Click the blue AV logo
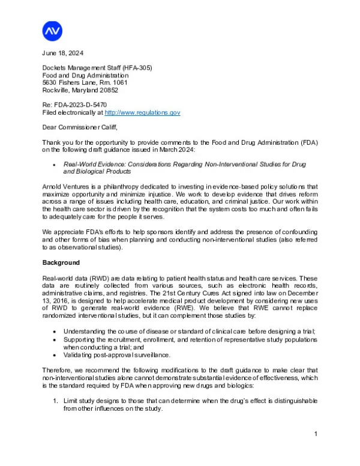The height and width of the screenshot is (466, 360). pos(53,30)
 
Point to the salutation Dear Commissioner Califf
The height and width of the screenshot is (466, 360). pos(79,127)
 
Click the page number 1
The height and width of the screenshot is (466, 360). pos(316,433)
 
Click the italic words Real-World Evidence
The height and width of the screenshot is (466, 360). pos(97,163)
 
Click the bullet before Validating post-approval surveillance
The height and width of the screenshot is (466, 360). pos(55,354)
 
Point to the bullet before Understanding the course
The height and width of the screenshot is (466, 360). pos(55,331)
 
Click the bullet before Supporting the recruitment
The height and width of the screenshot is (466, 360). pos(55,339)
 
